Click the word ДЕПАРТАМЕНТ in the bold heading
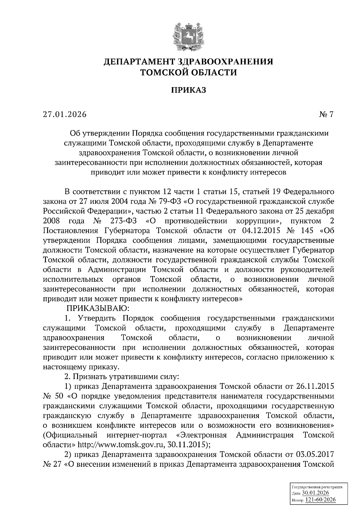[x=138, y=62]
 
